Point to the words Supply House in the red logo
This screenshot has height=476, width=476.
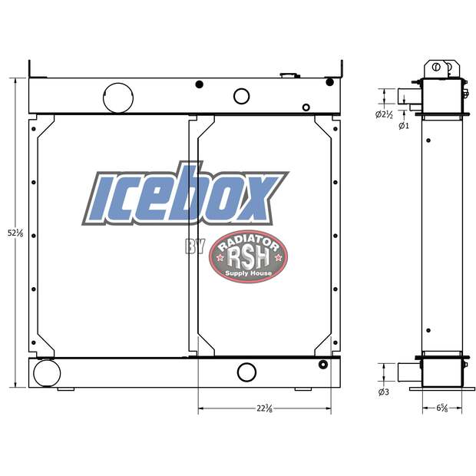pos(248,273)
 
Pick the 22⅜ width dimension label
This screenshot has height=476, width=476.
pos(265,408)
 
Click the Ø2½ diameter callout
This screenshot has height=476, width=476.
pos(384,114)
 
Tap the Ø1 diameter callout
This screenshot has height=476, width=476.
pos(403,125)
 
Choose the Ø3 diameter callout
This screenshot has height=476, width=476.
pos(384,393)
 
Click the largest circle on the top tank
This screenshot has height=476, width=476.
pos(117,97)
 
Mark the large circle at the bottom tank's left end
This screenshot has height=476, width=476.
pos(47,373)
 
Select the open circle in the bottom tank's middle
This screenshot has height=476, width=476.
pos(246,372)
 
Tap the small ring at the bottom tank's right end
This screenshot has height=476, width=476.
pos(322,364)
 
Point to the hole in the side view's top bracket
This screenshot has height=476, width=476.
pos(437,68)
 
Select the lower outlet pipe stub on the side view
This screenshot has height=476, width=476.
pos(407,372)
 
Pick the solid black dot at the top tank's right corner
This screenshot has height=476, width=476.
pos(329,81)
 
